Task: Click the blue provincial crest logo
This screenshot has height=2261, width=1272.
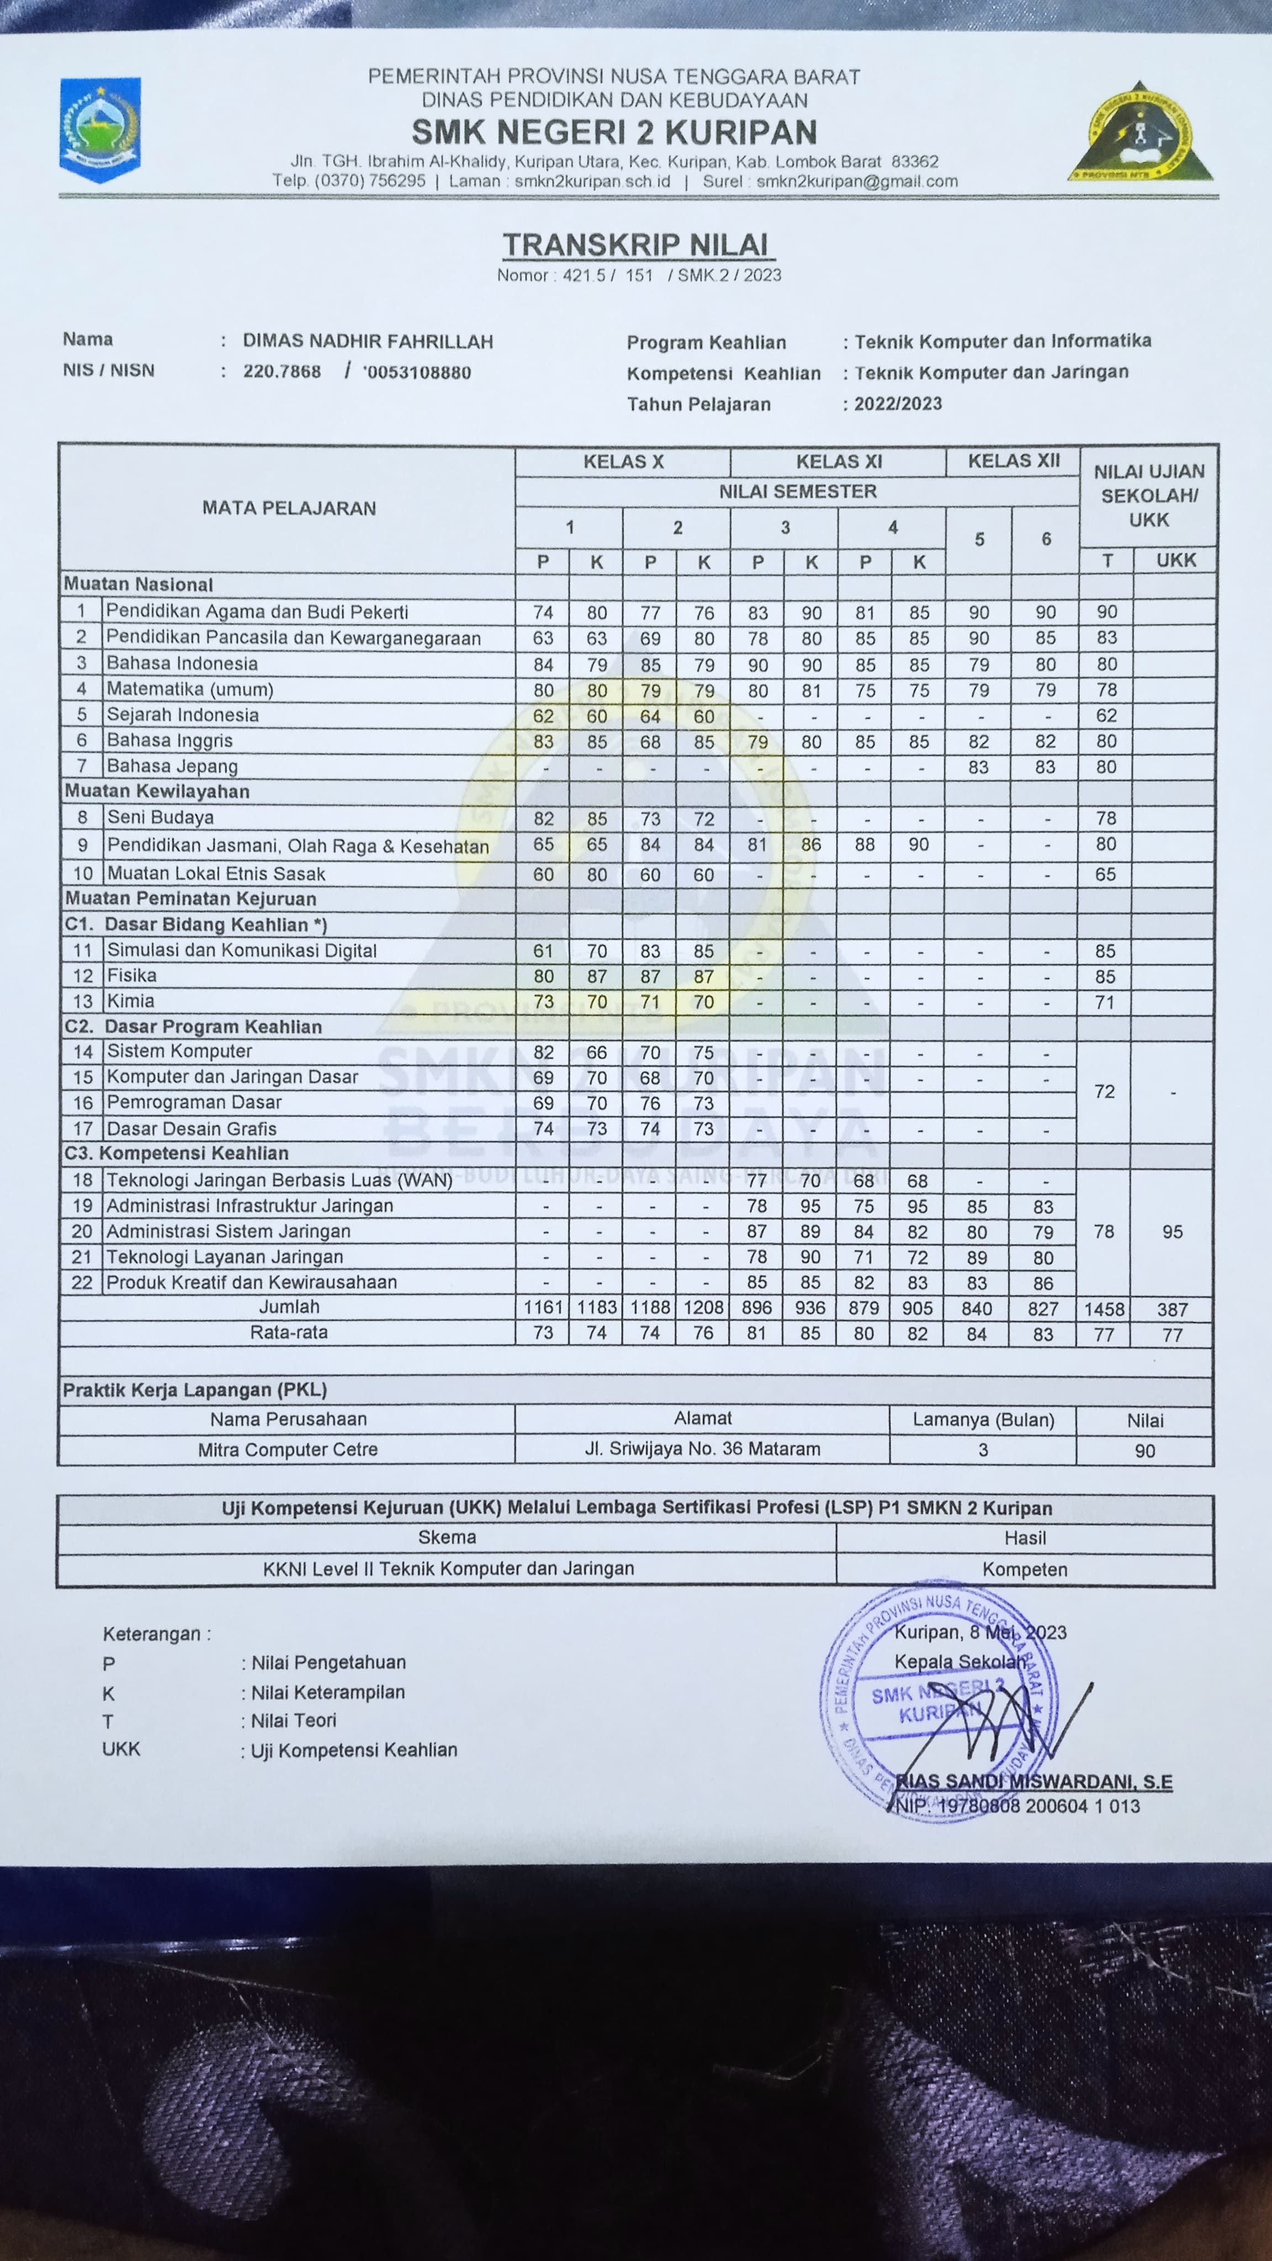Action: (99, 129)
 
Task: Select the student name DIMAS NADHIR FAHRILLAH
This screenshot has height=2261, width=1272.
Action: (368, 342)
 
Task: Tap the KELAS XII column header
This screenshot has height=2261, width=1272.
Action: (1014, 461)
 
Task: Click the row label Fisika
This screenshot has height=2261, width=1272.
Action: (132, 975)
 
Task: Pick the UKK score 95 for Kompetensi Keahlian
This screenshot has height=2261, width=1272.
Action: (1172, 1232)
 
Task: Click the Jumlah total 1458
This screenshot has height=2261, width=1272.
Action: (1104, 1309)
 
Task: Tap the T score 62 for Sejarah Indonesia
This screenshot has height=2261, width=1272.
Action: (1106, 715)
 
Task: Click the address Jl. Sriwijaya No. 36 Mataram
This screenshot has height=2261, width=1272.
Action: (702, 1448)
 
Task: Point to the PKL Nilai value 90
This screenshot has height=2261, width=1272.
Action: (1144, 1451)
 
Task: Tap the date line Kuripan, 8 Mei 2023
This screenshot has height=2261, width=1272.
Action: (980, 1633)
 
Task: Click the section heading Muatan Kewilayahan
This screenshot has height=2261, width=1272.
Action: (157, 792)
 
